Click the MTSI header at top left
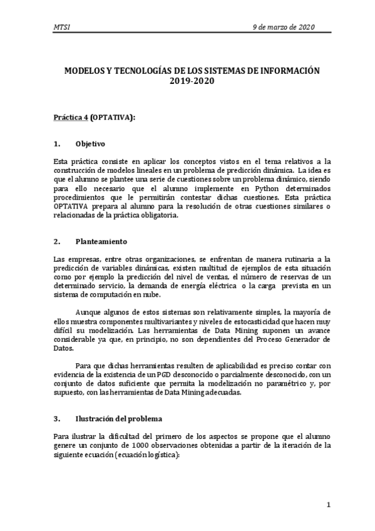pos(62,27)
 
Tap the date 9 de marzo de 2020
pos(283,27)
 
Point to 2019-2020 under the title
pos(188,81)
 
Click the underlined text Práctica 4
pos(71,117)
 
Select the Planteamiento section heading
pos(101,241)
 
